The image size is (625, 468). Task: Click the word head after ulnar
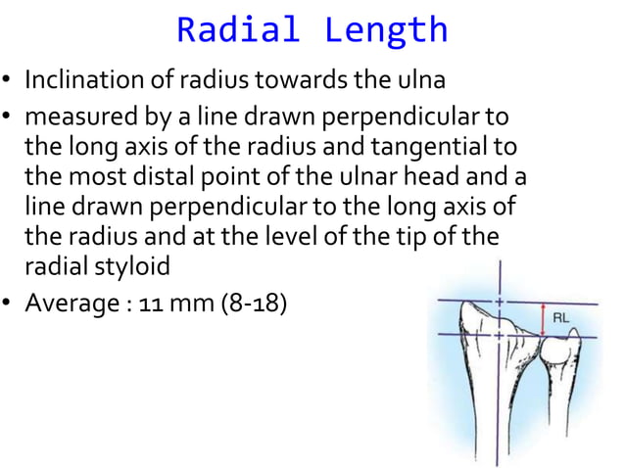(x=468, y=177)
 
